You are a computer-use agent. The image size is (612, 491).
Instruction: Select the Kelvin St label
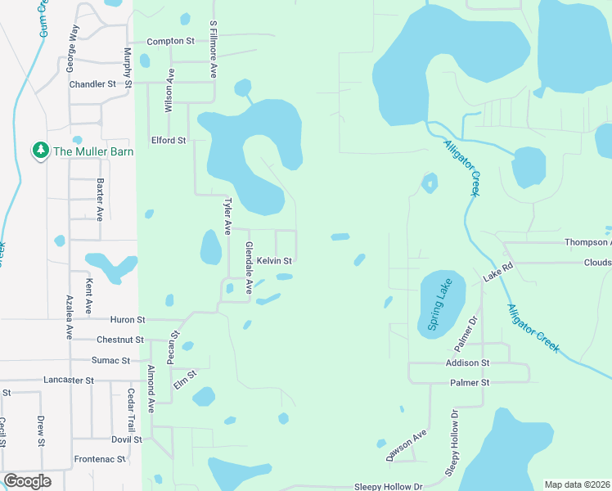pos(274,261)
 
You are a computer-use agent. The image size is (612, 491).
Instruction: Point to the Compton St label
pos(169,42)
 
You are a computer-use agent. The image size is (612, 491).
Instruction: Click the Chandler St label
pos(93,84)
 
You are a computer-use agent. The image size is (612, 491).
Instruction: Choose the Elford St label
pos(169,141)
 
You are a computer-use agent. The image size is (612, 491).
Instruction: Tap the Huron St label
pos(127,320)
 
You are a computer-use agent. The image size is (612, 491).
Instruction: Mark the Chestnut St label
pos(120,340)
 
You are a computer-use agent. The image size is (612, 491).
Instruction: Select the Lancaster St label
pos(70,381)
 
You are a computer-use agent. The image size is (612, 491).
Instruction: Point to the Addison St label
pos(467,363)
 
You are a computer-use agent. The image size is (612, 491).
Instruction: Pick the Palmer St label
pos(469,383)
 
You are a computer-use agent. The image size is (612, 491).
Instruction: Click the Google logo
pos(27,481)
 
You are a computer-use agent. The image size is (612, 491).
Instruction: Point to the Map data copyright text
pos(576,484)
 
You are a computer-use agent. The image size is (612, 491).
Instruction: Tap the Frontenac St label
pos(100,460)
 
